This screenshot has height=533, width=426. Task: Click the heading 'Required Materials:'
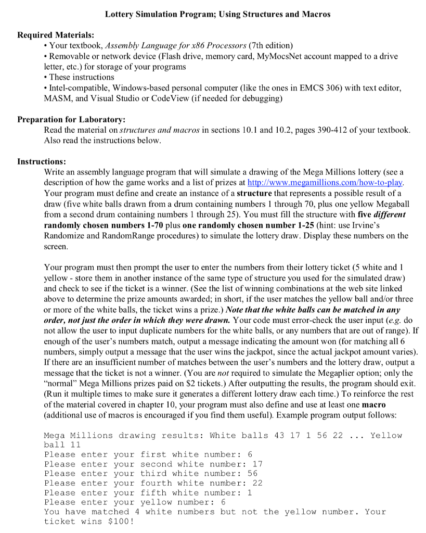(x=56, y=35)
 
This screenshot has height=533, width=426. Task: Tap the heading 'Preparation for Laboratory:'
(x=71, y=119)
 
